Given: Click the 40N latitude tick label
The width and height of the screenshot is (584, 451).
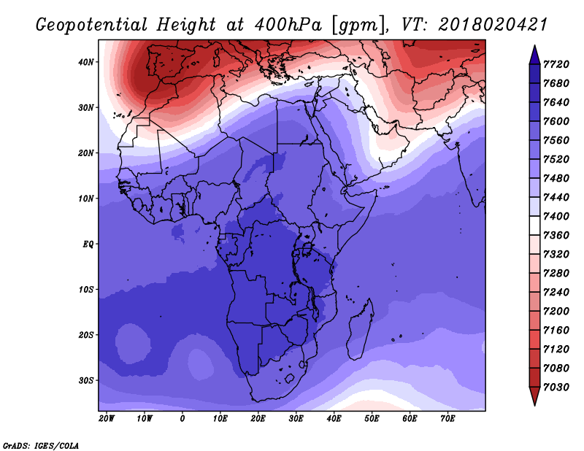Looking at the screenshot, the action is [x=85, y=62].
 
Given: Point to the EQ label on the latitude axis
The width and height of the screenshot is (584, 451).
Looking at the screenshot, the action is [x=88, y=244].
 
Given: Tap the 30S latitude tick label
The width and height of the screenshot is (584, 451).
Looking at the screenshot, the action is [x=85, y=381].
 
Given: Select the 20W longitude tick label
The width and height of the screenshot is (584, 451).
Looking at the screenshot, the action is [x=107, y=419].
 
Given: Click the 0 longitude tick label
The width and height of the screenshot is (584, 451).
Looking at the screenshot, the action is [x=182, y=419].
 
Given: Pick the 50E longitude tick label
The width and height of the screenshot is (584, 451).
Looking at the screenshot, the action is [x=372, y=419].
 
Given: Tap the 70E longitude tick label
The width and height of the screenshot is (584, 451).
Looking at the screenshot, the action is [x=447, y=419].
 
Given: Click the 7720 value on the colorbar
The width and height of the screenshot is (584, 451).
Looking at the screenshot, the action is [x=556, y=64].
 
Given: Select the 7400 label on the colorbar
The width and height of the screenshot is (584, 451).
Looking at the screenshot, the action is [x=556, y=216].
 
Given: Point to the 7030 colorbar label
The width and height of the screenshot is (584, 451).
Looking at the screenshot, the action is [x=556, y=388].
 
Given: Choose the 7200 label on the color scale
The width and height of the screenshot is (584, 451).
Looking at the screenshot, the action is [x=556, y=312].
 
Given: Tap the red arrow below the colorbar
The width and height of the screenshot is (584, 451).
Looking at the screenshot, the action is [x=534, y=396].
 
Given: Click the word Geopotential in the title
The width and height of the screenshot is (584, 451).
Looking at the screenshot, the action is [x=92, y=25].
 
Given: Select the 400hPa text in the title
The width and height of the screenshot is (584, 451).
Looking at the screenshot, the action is [x=288, y=25].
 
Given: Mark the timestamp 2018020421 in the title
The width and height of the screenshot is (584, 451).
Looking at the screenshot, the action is [x=493, y=25].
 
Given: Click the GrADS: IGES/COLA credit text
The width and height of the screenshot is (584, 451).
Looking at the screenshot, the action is [x=41, y=446].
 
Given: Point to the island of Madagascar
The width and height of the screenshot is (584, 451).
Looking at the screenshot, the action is [x=361, y=330].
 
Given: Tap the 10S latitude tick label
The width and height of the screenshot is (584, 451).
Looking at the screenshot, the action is [x=85, y=290].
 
